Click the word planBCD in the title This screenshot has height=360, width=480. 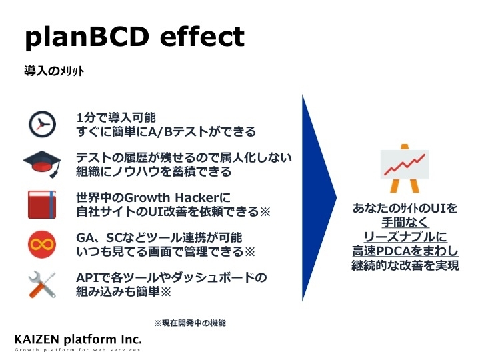(87, 37)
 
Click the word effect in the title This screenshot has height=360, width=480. (202, 36)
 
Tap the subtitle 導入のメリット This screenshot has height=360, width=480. (54, 71)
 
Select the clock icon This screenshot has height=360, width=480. (42, 124)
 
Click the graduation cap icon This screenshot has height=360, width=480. (42, 163)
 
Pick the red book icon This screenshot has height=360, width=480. (42, 205)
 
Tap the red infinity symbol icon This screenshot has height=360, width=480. (42, 245)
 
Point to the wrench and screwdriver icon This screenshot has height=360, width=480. (42, 285)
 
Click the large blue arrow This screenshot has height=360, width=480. (319, 198)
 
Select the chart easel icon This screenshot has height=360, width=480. (405, 168)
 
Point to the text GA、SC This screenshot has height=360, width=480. (95, 238)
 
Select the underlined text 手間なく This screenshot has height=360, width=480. (405, 223)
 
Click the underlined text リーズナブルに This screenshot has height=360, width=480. (405, 237)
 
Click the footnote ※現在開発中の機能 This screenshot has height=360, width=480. (190, 323)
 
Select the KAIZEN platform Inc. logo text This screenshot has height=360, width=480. (78, 339)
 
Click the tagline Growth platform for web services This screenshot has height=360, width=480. (77, 350)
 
